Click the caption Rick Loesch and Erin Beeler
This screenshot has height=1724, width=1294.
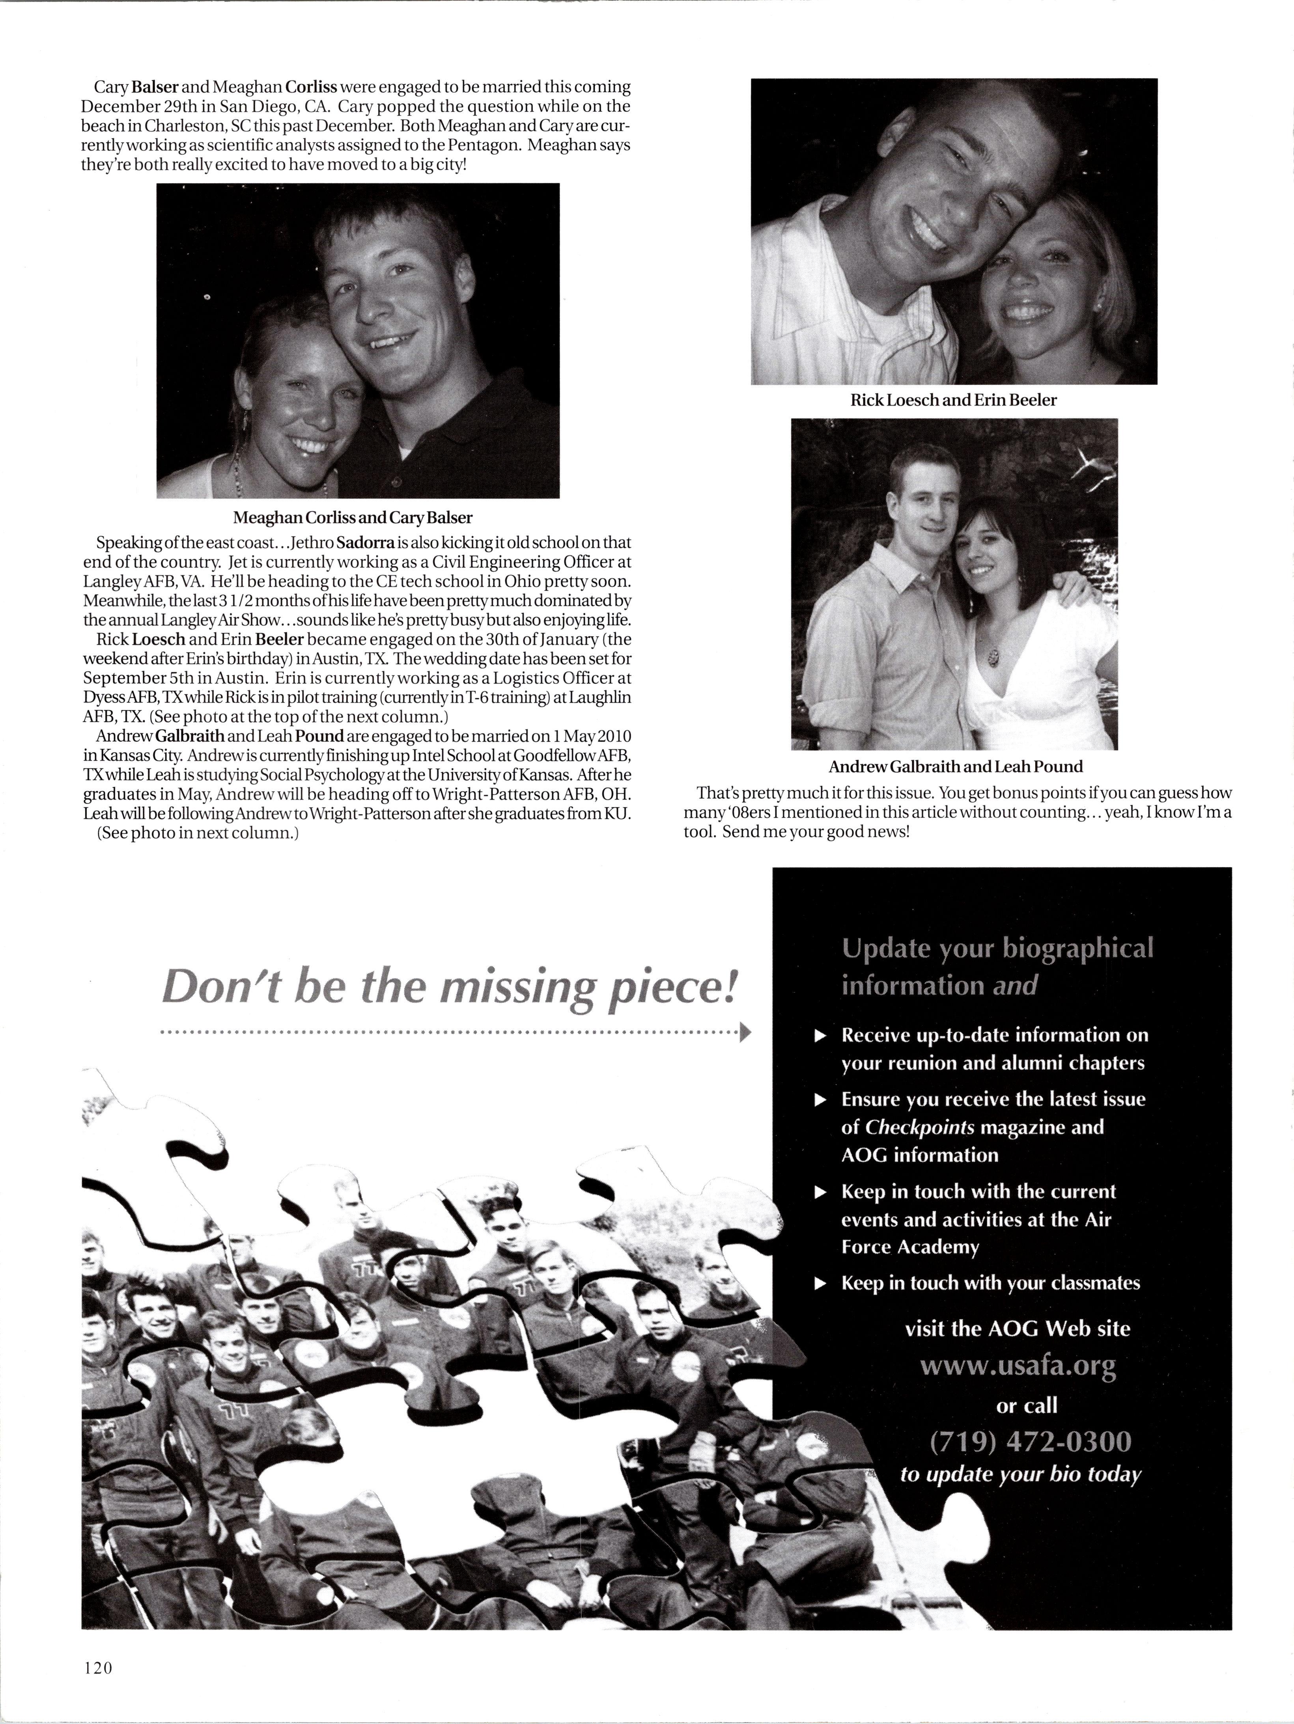coord(953,401)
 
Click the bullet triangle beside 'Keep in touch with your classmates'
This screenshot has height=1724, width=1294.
coord(819,1284)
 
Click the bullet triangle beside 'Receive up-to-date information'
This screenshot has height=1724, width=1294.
coord(819,1036)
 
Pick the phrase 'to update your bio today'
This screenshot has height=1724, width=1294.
coord(1020,1474)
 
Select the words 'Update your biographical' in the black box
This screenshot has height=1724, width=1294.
coord(997,949)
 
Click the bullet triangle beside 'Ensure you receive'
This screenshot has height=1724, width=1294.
coord(819,1100)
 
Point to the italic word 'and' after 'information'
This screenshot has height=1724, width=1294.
coord(1015,986)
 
